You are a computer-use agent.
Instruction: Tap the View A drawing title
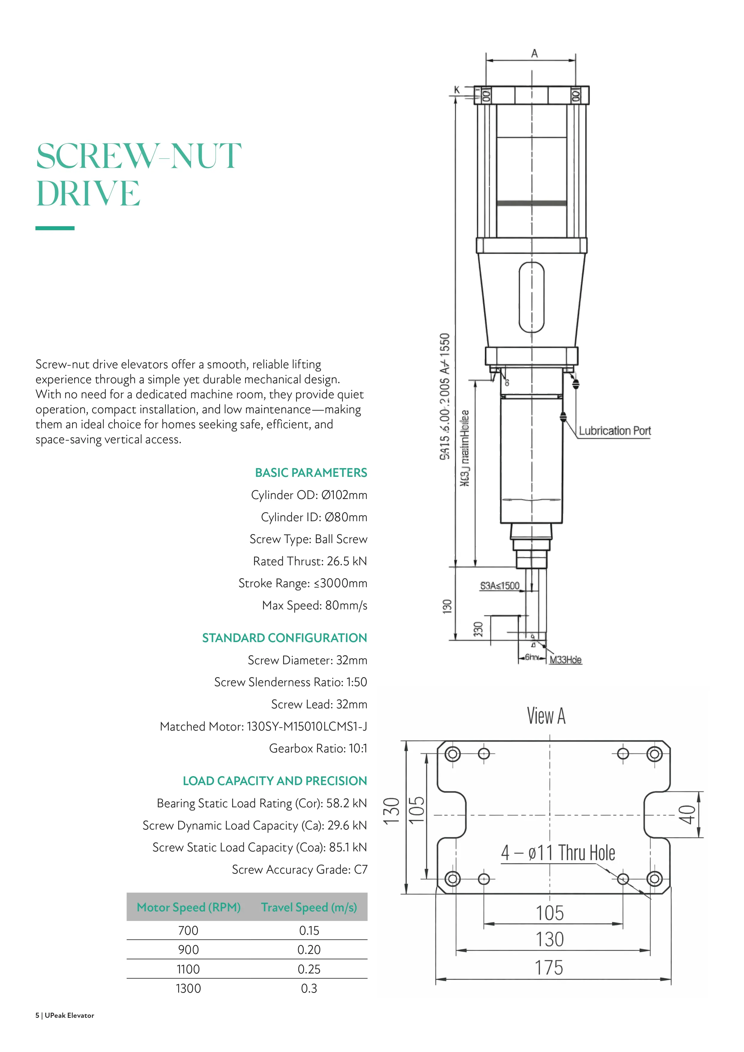tap(546, 716)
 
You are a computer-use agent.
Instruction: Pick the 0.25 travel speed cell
tap(309, 969)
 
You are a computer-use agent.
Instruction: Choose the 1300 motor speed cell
tap(188, 988)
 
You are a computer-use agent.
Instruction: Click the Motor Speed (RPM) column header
tap(188, 907)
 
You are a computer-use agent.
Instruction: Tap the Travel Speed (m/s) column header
tap(309, 907)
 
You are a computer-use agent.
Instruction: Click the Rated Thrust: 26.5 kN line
tap(310, 561)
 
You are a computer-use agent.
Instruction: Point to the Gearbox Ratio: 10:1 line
tap(318, 748)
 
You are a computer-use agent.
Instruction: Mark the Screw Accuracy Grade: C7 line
tap(299, 869)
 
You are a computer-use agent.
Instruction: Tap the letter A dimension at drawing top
tap(534, 54)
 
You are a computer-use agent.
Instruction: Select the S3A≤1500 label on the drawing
tap(499, 586)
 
